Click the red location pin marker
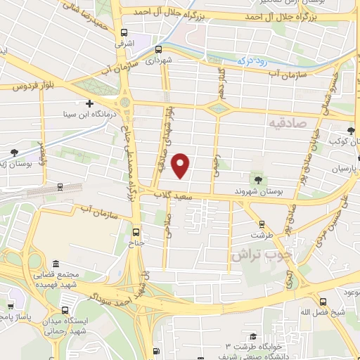[x=181, y=165]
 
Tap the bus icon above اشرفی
[x=124, y=33]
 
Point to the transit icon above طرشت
[x=262, y=224]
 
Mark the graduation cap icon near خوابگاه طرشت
[x=251, y=337]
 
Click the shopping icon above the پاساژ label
[x=10, y=306]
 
